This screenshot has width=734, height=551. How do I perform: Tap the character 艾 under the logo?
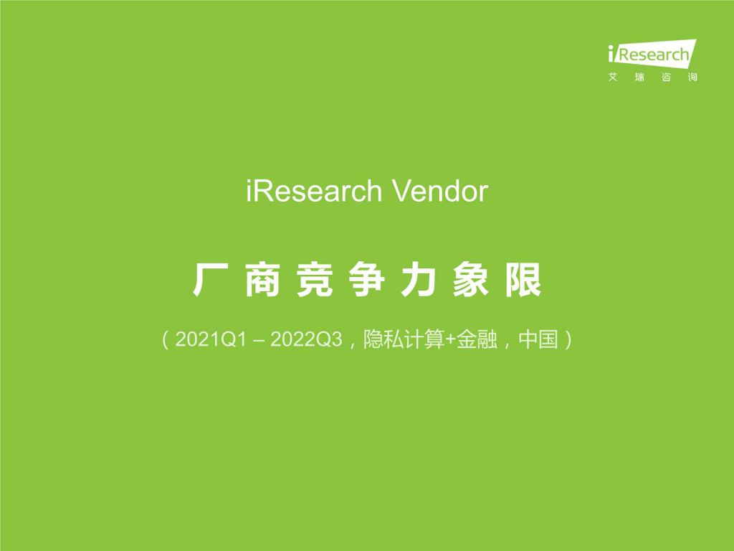click(613, 77)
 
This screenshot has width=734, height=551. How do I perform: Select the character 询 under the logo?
click(692, 77)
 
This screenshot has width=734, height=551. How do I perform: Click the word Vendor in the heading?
click(439, 191)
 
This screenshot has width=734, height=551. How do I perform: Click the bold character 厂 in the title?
click(211, 280)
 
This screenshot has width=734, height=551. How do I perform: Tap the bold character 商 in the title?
click(262, 280)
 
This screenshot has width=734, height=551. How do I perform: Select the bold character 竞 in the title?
click(315, 280)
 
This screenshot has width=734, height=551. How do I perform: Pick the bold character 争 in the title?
click(366, 280)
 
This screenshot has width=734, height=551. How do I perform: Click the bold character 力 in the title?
click(419, 280)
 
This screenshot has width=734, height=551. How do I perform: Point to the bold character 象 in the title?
click(470, 280)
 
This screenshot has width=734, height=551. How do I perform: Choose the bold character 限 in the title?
click(523, 280)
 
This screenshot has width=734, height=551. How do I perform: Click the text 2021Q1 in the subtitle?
click(211, 339)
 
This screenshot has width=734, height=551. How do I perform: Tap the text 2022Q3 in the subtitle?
click(307, 339)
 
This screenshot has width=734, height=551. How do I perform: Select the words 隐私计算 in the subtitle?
click(404, 339)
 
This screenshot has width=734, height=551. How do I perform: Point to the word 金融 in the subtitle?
click(477, 339)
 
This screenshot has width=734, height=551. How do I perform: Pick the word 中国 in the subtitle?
click(538, 339)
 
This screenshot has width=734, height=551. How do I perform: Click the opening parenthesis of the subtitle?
click(165, 339)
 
